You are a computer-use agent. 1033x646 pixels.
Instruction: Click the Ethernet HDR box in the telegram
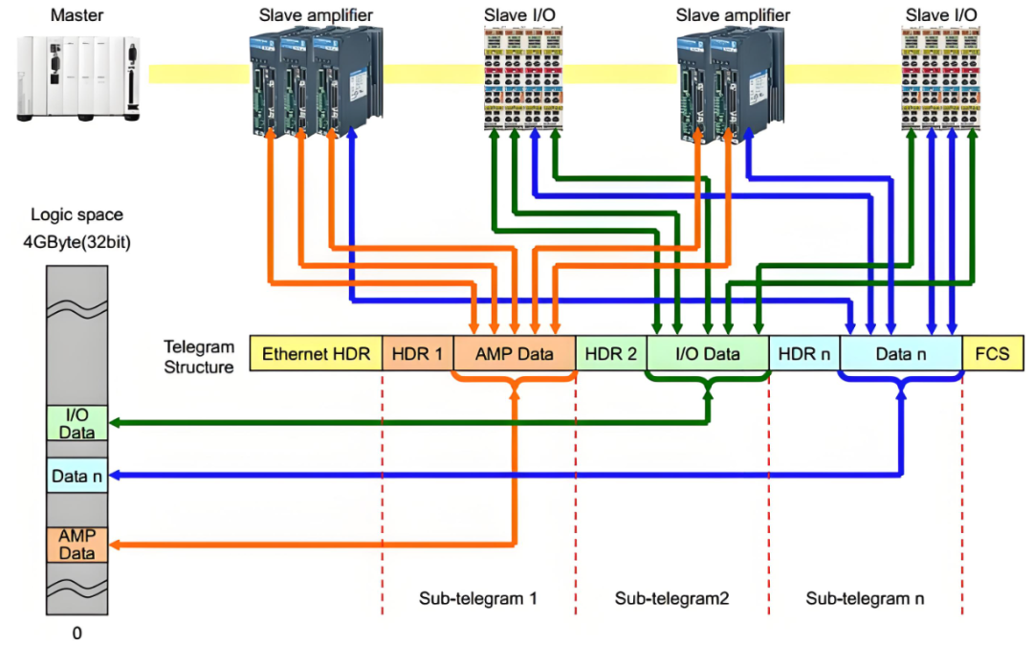pos(316,353)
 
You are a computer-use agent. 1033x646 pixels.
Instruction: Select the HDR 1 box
pos(418,353)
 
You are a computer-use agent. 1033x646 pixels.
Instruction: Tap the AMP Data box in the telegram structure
pos(515,353)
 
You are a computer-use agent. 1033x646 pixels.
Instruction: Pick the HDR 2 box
pos(611,353)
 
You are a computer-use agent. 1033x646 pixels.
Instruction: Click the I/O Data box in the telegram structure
pos(708,353)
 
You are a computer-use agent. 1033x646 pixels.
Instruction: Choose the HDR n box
pos(804,353)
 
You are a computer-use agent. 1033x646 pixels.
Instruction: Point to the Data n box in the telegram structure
pos(901,353)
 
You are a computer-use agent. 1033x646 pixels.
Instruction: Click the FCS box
pos(993,353)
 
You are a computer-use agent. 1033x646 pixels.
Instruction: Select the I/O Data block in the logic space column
pos(77,423)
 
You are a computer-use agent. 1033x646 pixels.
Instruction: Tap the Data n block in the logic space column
pos(77,476)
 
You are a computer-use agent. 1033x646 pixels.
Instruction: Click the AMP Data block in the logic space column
pos(77,545)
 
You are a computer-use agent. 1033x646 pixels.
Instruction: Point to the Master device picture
pos(78,78)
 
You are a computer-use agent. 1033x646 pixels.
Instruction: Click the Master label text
pos(77,14)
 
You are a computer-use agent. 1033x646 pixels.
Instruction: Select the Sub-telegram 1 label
pos(478,598)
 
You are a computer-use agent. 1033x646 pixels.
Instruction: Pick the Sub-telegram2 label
pos(672,598)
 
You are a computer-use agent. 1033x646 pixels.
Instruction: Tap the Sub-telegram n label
pos(865,598)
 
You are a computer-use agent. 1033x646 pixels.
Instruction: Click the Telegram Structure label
pos(199,357)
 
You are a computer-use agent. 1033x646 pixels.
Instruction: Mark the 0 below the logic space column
pos(77,633)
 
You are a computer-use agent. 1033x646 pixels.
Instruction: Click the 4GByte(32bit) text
pos(77,242)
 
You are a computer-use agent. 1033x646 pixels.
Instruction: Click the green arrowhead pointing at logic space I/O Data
pos(115,423)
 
